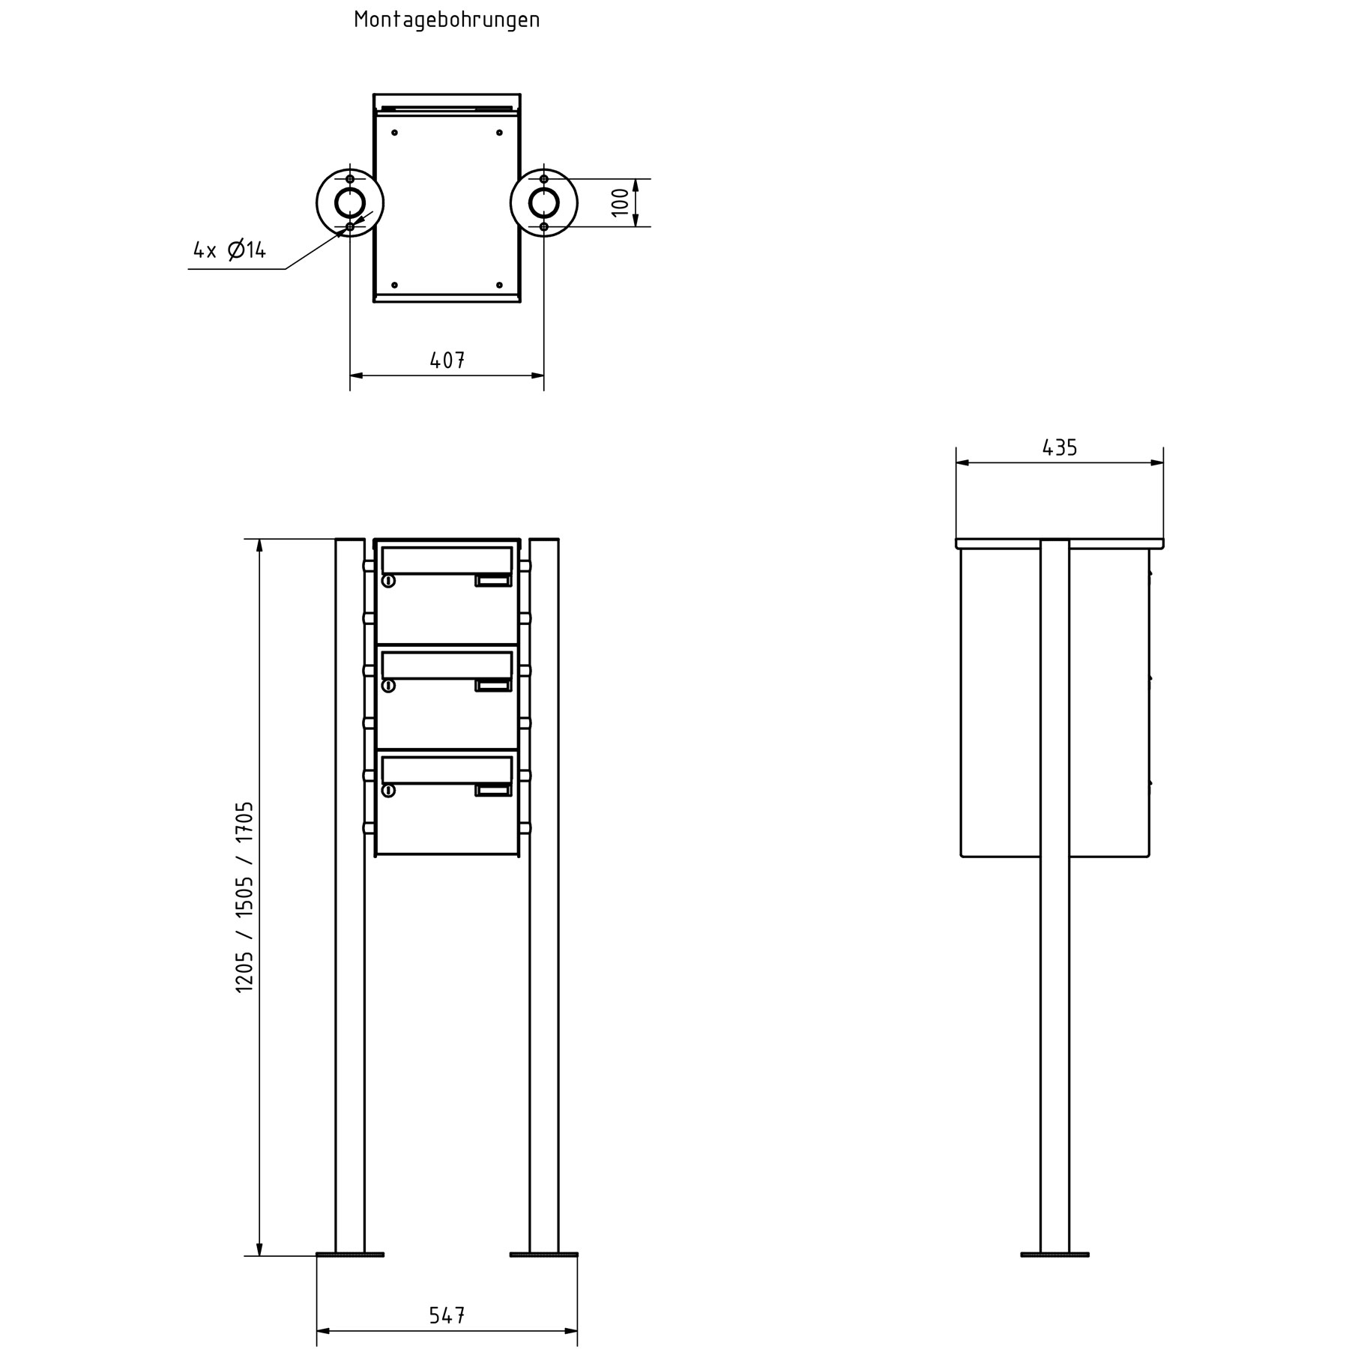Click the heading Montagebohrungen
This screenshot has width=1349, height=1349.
pos(447,20)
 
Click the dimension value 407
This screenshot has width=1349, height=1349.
pos(447,360)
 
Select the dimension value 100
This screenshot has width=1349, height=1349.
pos(621,202)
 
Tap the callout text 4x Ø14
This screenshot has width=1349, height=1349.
pos(229,250)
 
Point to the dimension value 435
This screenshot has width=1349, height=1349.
pos(1059,448)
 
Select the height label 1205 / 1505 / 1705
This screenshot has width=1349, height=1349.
pos(245,896)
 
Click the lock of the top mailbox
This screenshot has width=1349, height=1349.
pos(388,581)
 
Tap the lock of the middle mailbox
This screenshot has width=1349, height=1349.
pos(388,686)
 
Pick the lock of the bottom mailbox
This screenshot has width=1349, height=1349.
pos(388,791)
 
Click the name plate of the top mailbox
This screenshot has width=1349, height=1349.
pos(492,580)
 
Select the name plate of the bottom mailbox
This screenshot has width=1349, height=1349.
pos(492,790)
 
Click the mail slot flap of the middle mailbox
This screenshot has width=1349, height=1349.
pos(447,665)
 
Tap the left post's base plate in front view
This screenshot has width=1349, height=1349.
pos(350,1254)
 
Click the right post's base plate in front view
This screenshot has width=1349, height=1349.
pos(543,1254)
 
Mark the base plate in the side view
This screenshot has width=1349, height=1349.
pos(1054,1254)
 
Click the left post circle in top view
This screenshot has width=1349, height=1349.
pos(350,202)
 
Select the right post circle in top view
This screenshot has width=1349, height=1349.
pos(543,202)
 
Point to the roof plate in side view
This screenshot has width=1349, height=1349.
pos(1059,543)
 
